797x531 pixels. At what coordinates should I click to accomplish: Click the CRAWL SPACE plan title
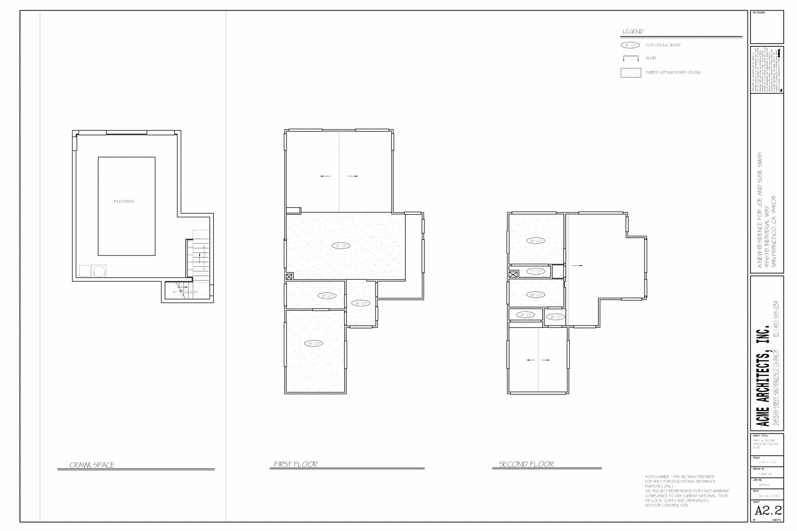click(x=92, y=465)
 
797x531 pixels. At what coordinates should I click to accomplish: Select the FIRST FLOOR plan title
click(x=296, y=464)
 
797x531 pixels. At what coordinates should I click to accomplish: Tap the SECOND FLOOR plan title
click(x=526, y=464)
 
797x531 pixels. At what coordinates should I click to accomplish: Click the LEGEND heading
click(x=633, y=31)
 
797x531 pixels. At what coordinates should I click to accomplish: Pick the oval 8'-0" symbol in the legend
click(x=630, y=45)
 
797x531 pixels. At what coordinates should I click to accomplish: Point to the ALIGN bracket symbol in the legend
click(x=631, y=58)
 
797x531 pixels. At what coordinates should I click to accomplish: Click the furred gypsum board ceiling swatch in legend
click(x=631, y=72)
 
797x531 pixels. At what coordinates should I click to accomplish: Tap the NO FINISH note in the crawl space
click(x=124, y=202)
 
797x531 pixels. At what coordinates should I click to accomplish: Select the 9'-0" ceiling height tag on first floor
click(x=341, y=246)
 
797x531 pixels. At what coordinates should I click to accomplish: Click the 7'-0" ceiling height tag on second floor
click(x=536, y=272)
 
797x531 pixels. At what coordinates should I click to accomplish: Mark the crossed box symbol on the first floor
click(x=289, y=277)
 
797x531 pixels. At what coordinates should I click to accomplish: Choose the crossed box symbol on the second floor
click(x=513, y=274)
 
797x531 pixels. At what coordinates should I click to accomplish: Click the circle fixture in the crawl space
click(x=99, y=271)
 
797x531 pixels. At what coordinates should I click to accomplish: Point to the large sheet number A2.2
click(x=768, y=510)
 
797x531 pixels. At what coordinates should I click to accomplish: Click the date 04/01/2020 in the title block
click(x=769, y=496)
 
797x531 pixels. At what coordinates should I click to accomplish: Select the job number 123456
click(x=764, y=485)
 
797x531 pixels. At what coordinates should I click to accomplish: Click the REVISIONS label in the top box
click(x=759, y=13)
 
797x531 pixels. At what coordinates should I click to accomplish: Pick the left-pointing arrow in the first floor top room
click(x=325, y=176)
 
